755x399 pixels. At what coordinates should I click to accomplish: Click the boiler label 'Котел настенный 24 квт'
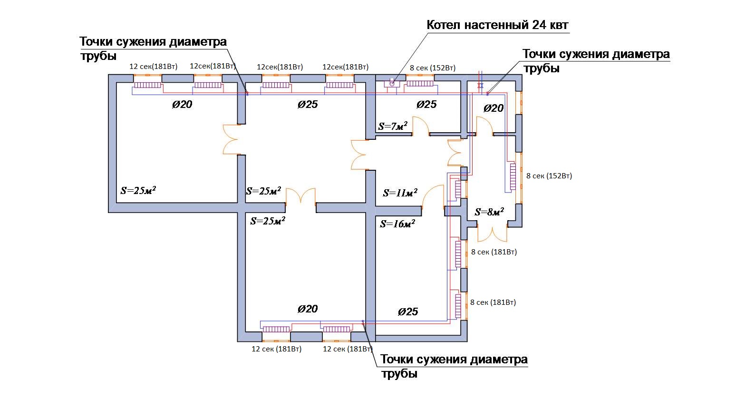click(x=497, y=25)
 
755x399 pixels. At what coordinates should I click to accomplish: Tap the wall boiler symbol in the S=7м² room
click(x=392, y=82)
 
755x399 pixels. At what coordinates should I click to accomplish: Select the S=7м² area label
click(x=393, y=126)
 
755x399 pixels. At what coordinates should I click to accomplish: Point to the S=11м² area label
click(x=400, y=193)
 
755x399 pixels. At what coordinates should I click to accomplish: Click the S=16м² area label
click(x=397, y=224)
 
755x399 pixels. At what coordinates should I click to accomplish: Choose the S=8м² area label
click(x=489, y=212)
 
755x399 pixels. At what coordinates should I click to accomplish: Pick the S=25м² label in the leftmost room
click(x=138, y=191)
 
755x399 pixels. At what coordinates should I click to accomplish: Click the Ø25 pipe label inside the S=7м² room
click(x=426, y=105)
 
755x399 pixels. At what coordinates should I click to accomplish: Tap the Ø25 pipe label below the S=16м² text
click(x=408, y=311)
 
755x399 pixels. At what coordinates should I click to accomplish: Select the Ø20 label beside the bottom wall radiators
click(x=308, y=309)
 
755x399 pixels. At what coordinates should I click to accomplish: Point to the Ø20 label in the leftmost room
click(x=182, y=105)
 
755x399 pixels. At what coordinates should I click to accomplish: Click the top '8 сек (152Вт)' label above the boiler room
click(x=433, y=68)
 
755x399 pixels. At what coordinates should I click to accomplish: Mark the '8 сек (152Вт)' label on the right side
click(x=549, y=176)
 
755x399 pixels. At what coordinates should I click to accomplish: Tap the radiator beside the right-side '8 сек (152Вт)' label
click(x=513, y=177)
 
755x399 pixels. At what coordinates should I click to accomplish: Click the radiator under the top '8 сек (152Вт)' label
click(x=420, y=83)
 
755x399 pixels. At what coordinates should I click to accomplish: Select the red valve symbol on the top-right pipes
click(x=480, y=86)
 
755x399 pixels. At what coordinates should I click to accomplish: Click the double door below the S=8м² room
click(x=492, y=234)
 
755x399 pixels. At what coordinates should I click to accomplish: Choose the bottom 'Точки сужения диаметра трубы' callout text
click(x=454, y=366)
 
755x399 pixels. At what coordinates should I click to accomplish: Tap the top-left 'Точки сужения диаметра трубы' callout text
click(x=153, y=48)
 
